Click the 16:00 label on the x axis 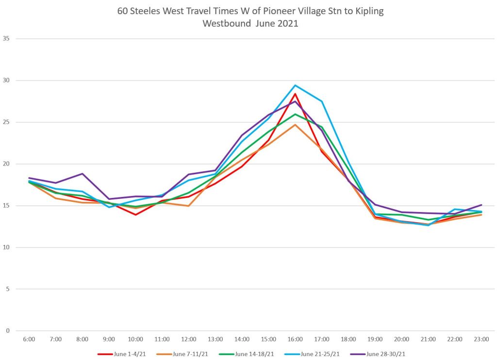[x=295, y=339]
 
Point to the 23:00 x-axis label [x=481, y=339]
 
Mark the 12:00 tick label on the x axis [x=188, y=339]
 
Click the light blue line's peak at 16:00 [x=295, y=85]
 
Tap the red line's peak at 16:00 [x=295, y=94]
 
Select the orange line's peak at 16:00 [x=295, y=125]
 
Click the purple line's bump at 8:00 [x=82, y=174]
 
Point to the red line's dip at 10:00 [x=135, y=214]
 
